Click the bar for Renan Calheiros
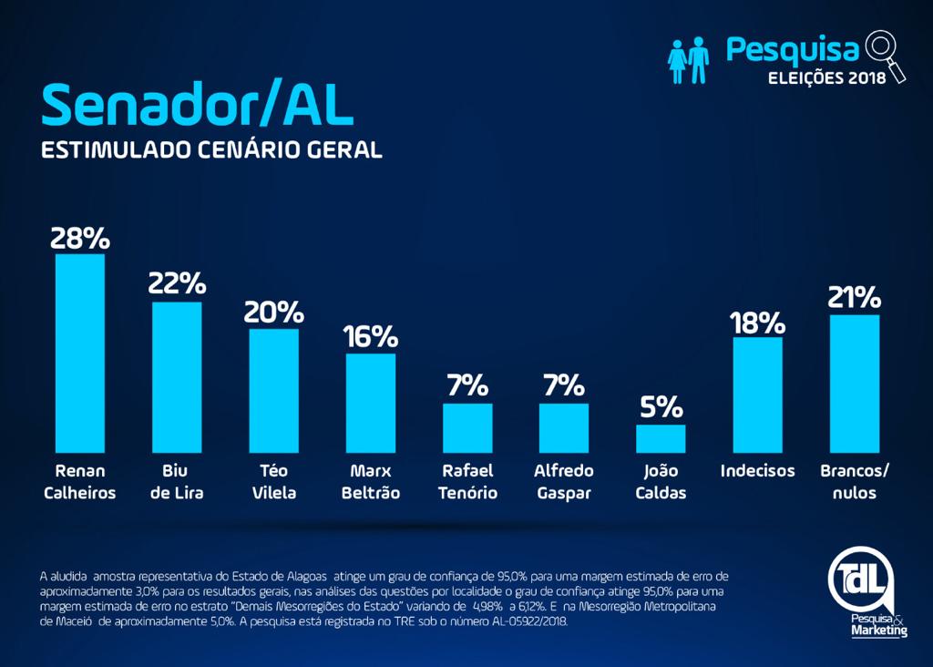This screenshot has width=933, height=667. (80, 354)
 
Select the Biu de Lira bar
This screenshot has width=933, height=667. (177, 377)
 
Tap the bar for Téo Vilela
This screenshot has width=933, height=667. (273, 391)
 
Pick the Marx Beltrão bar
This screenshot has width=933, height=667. (370, 403)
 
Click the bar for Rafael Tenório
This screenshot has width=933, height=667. (467, 428)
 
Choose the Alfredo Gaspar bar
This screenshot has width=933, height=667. (564, 428)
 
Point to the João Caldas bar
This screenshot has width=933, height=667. (661, 439)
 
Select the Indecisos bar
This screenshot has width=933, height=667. (757, 395)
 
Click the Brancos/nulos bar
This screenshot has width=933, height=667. (855, 384)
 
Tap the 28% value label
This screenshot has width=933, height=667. (80, 238)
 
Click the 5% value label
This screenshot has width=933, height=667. (661, 406)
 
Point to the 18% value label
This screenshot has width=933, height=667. (757, 323)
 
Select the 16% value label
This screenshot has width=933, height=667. (370, 337)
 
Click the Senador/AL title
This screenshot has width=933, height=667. (197, 106)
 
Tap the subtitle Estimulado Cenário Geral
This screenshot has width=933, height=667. (211, 149)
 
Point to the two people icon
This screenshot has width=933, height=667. (689, 60)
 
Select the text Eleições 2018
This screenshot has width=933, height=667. (827, 77)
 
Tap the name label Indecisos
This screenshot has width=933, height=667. (757, 471)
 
